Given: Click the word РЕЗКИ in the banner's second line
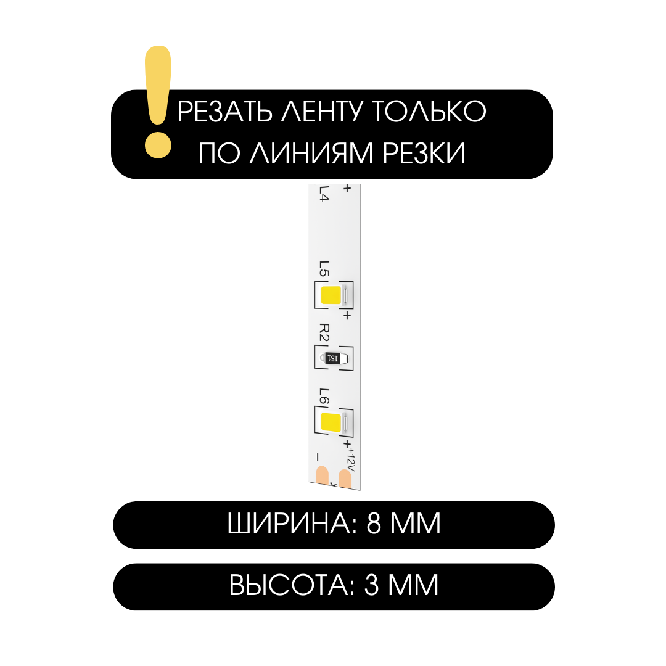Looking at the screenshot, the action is (424, 153).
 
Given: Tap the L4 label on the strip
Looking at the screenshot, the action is (324, 194).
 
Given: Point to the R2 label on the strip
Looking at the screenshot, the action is (324, 333).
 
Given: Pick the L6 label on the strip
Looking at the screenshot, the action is (324, 397).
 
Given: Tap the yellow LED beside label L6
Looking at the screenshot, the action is (331, 423).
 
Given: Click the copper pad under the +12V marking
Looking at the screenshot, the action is (348, 479).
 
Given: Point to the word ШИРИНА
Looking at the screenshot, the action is (288, 524).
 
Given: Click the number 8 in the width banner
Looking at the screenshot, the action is (374, 524).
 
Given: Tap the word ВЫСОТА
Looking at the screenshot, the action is (289, 585).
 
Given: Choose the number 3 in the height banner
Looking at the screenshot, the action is (371, 585).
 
